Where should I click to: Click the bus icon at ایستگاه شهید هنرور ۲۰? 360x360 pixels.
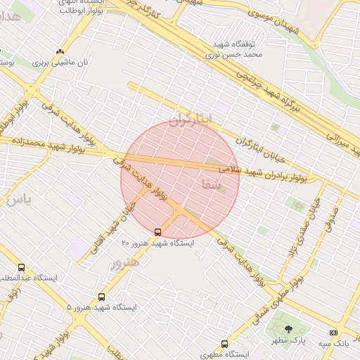coord(157,231)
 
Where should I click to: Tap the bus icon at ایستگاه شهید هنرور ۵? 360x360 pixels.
coord(102,297)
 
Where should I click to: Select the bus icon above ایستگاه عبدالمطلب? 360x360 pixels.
coord(21,268)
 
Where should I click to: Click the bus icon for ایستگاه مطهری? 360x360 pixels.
coord(224,344)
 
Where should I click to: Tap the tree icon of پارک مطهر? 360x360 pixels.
coord(288,329)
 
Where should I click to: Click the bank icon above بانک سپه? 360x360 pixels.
coord(333,333)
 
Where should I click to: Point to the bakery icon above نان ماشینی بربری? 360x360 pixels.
coord(60,51)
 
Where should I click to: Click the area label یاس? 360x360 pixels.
coord(18,200)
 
